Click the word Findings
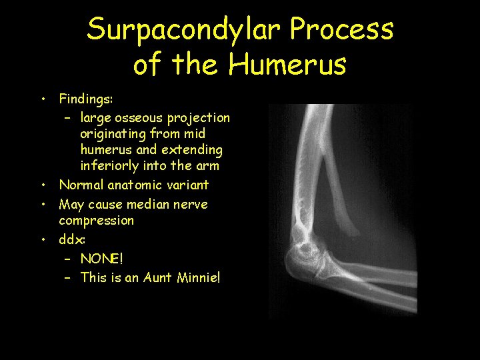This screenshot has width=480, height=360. [x=85, y=100]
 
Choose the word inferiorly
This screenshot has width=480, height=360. [x=111, y=165]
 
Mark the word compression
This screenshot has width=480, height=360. [x=96, y=220]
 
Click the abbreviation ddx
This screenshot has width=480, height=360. [x=71, y=239]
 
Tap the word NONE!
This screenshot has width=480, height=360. [x=101, y=257]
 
